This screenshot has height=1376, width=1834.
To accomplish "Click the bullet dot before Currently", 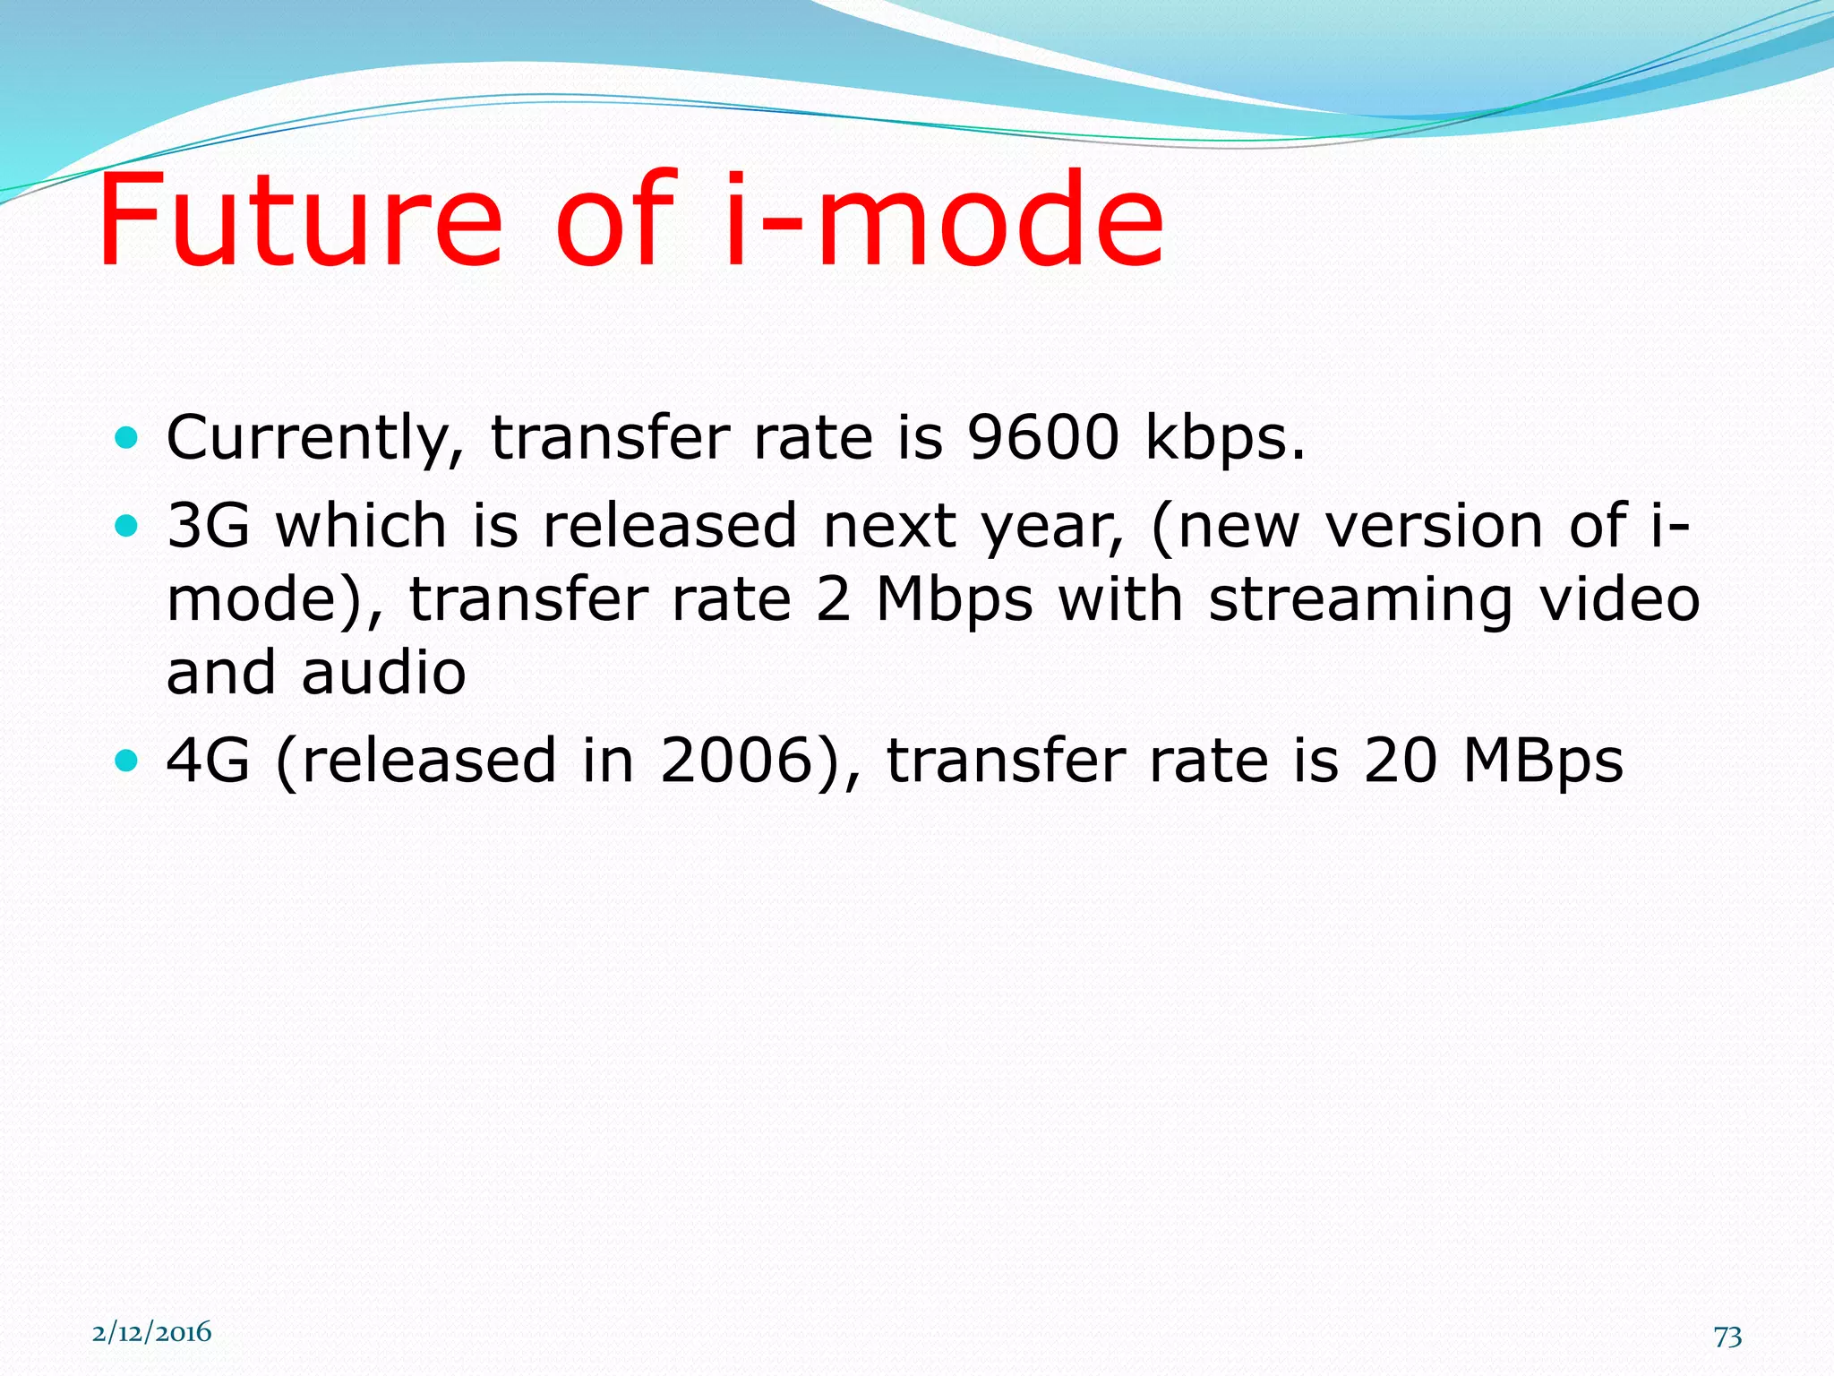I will pos(127,438).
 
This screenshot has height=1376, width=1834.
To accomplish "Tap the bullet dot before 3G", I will pos(127,526).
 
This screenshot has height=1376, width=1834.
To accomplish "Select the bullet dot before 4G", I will pos(127,761).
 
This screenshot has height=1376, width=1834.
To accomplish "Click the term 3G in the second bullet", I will pos(208,526).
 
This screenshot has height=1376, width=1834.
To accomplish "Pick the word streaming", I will pos(1360,601).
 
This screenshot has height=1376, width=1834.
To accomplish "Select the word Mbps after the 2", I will pos(955,601).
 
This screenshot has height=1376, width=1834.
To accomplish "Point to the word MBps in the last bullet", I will pos(1542,762).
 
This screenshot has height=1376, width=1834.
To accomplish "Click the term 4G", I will pos(208,761).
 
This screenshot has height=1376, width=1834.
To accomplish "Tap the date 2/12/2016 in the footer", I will pos(151,1332).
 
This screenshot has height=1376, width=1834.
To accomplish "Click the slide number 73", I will pos(1727,1337).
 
